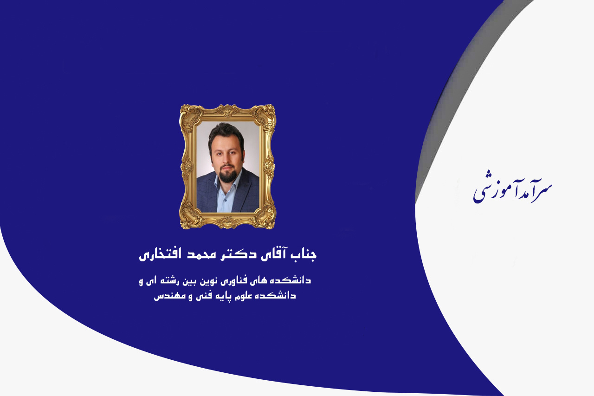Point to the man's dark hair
[226, 134]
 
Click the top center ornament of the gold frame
[227, 110]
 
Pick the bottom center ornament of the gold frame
[227, 222]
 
